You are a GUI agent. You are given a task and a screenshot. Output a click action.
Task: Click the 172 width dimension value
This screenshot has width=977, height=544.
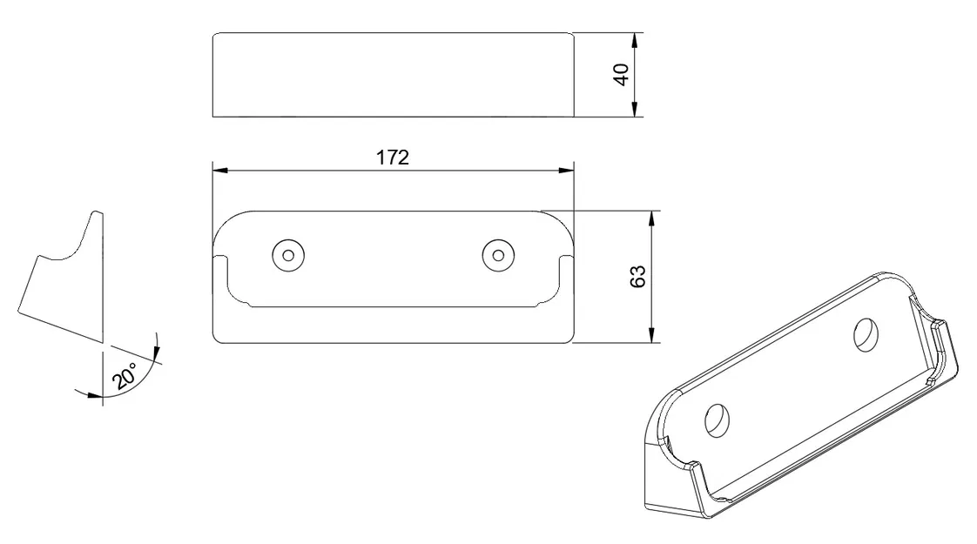click(393, 158)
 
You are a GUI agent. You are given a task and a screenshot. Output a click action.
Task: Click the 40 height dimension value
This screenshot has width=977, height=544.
click(622, 75)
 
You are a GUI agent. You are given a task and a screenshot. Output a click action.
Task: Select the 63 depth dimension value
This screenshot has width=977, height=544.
click(638, 277)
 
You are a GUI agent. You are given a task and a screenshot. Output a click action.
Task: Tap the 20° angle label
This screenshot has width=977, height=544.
click(125, 379)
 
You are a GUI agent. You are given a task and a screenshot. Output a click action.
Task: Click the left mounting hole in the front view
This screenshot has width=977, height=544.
click(287, 255)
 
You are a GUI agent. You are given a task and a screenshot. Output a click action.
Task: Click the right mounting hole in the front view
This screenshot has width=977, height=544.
click(497, 255)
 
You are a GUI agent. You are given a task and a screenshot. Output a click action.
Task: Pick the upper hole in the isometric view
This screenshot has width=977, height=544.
click(866, 334)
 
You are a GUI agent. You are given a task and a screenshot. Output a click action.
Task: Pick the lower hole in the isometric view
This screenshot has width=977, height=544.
click(718, 420)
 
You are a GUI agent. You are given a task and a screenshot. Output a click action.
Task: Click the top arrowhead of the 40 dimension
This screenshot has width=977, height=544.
click(636, 40)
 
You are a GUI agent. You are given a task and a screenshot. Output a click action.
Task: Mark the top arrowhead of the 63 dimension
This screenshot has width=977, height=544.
click(653, 218)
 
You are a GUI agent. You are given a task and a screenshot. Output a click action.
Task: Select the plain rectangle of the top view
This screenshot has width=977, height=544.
click(393, 75)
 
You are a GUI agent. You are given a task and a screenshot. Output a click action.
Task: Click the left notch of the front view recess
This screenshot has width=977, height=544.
click(220, 259)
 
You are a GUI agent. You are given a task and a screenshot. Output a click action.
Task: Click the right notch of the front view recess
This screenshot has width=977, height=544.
click(566, 259)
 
